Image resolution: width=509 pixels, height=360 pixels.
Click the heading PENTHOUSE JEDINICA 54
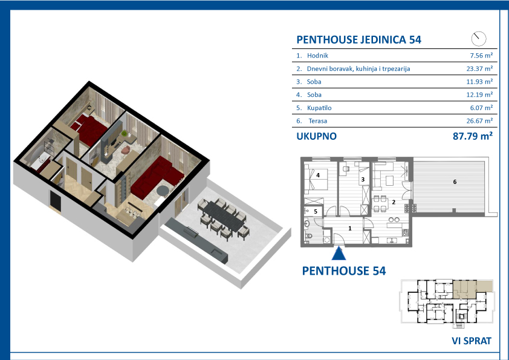[358, 40]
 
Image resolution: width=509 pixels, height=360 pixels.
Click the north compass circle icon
[479, 39]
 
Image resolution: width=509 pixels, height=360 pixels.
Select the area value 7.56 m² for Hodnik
[481, 56]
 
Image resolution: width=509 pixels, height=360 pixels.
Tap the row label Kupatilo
[319, 108]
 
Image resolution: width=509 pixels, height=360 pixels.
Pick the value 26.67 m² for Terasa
[479, 121]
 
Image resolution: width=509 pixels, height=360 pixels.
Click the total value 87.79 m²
[473, 136]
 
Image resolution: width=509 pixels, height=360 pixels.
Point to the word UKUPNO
[317, 136]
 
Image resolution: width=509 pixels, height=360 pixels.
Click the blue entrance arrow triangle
[339, 254]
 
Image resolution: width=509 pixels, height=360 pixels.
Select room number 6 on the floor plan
[455, 182]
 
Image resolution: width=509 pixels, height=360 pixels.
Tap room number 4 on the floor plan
[318, 175]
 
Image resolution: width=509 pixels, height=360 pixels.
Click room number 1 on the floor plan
[350, 229]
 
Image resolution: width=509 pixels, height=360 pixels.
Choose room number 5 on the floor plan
[316, 212]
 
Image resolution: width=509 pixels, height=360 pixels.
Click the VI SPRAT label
[472, 341]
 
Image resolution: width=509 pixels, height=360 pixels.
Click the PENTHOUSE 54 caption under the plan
[344, 271]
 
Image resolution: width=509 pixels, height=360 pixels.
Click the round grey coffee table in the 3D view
[163, 191]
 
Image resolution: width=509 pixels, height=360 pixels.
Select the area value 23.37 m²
[479, 68]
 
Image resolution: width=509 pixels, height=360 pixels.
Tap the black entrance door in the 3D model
[56, 200]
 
